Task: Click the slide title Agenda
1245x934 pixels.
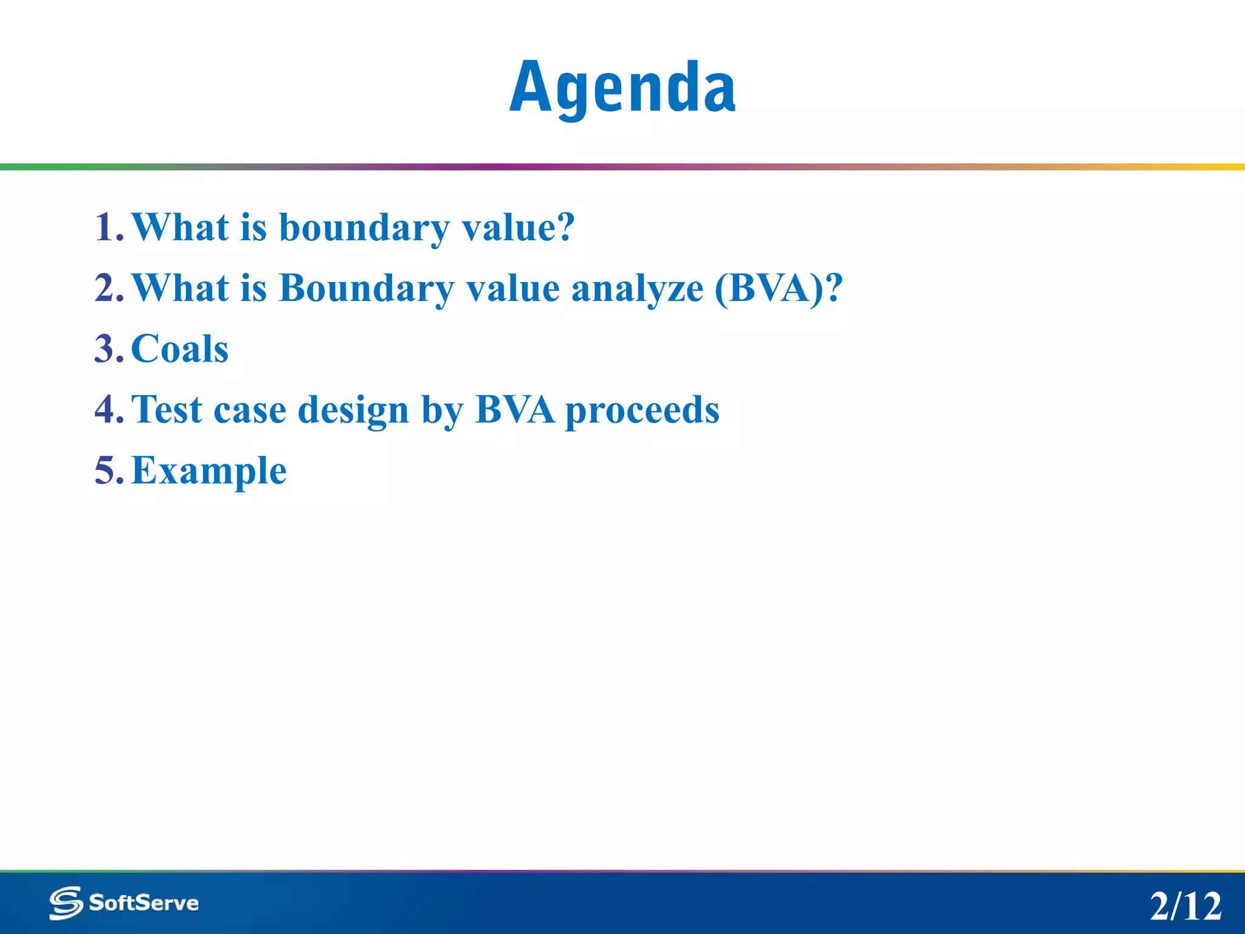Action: point(622,88)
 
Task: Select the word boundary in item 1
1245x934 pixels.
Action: point(364,229)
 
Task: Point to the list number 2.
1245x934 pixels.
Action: point(108,288)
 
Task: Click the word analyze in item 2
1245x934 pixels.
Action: point(637,289)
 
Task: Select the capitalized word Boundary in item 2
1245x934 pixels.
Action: point(366,289)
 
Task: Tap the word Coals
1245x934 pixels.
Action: point(180,349)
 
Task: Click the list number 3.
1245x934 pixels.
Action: point(108,349)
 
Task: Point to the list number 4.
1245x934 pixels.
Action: point(108,410)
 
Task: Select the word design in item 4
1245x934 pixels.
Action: point(353,411)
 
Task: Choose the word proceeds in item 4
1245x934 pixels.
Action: point(642,411)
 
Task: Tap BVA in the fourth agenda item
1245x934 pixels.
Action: point(515,410)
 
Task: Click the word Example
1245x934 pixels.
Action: point(209,472)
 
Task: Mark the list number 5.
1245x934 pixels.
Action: point(108,471)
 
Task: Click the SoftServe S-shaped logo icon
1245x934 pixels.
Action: point(66,902)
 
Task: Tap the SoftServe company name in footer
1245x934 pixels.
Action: point(143,902)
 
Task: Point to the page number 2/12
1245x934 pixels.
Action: point(1185,906)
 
